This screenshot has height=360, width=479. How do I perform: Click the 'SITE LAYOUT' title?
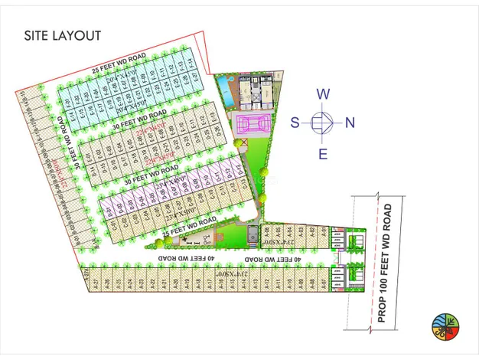tap(63, 35)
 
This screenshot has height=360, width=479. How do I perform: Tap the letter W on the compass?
tap(324, 95)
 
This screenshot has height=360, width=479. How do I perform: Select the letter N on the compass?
tap(350, 122)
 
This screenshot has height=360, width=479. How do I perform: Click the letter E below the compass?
tap(324, 154)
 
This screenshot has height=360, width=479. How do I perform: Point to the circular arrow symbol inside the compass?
tap(323, 122)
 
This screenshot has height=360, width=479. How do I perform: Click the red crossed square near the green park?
tap(244, 142)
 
